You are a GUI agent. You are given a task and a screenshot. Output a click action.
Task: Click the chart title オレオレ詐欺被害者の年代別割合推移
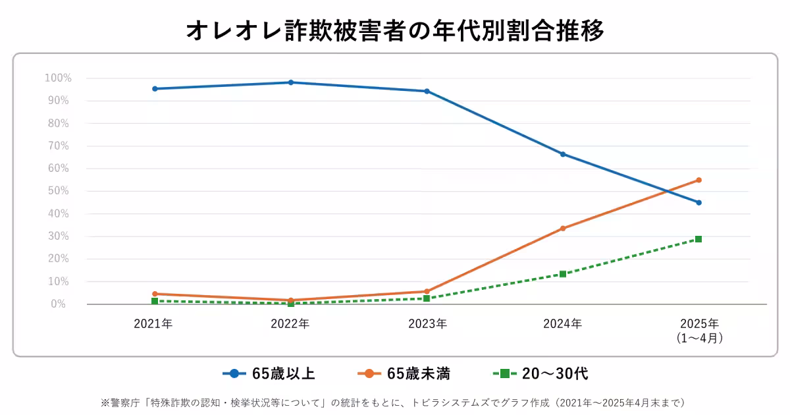(x=395, y=30)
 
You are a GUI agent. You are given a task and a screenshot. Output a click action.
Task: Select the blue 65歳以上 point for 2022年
(x=291, y=82)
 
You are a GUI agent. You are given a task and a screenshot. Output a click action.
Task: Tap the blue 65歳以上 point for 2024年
(x=563, y=154)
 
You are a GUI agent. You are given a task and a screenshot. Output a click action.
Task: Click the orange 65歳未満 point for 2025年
(x=698, y=180)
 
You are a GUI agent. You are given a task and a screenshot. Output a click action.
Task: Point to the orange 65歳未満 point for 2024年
(x=563, y=228)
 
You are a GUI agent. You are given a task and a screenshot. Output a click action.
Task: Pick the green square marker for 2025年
(x=698, y=239)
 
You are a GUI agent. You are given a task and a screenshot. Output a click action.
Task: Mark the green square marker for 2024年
(x=563, y=274)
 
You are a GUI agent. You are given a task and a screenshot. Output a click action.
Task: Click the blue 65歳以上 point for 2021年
(x=155, y=88)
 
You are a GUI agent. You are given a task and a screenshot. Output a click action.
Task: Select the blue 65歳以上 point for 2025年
(x=698, y=202)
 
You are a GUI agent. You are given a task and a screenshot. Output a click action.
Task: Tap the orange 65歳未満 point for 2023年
(x=427, y=291)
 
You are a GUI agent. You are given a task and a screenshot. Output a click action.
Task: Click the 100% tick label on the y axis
(x=58, y=78)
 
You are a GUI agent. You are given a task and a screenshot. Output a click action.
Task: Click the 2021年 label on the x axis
(x=153, y=323)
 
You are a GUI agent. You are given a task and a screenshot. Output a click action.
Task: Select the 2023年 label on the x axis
(x=427, y=323)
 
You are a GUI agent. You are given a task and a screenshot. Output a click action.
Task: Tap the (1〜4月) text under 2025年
(x=699, y=338)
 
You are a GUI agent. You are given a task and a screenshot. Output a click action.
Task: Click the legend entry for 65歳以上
(x=269, y=373)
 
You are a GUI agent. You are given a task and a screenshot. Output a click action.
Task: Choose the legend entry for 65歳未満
(x=404, y=373)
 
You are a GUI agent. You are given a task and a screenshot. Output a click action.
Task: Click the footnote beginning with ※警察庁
(x=395, y=402)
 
